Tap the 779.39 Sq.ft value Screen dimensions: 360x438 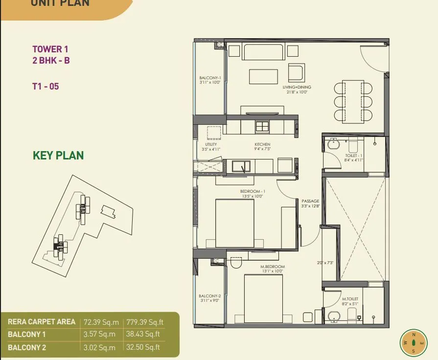coord(144,322)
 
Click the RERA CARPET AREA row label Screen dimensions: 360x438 coord(42,322)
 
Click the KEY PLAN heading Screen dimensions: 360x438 coord(58,156)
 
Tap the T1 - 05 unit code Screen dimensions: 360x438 coord(46,87)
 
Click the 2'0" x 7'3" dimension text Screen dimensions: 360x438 coord(324,263)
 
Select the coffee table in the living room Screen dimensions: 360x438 coord(264,76)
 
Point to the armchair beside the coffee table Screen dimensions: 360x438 coord(297,73)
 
